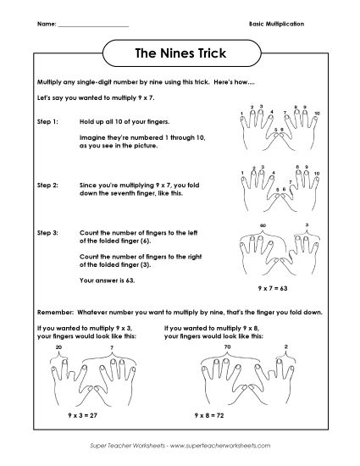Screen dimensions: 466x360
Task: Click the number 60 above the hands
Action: (x=263, y=226)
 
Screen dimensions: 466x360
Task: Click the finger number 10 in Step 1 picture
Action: (x=317, y=113)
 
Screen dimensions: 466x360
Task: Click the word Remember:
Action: (x=53, y=311)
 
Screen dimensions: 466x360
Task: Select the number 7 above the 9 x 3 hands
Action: (x=112, y=347)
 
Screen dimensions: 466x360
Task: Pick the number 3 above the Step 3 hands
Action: (x=305, y=226)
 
